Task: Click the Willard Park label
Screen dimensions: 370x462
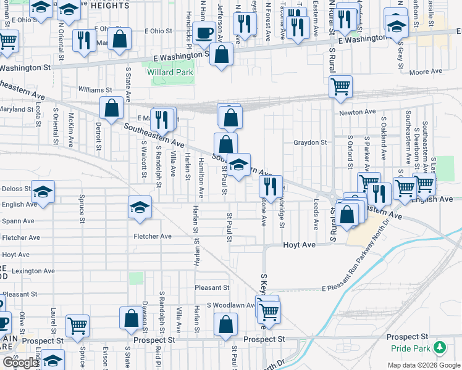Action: [170, 73]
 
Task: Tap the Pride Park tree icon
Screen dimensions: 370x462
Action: [440, 347]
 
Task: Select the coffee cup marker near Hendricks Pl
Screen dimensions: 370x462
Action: [203, 34]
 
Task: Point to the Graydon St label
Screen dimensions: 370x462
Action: [310, 142]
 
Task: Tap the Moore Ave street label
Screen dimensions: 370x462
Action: [426, 72]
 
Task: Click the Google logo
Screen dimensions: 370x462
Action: [20, 363]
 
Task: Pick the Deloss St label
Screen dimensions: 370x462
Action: [16, 189]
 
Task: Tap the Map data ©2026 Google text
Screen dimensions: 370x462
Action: [422, 365]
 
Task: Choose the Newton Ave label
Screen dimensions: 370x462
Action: [357, 112]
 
